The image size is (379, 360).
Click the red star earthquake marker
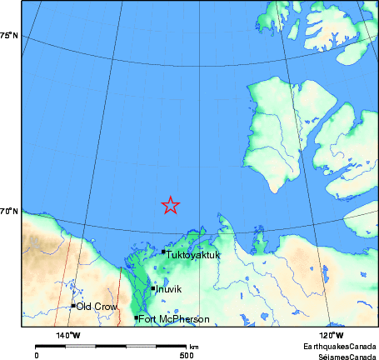170,205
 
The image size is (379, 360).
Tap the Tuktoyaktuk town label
193,255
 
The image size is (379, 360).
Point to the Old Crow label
97,307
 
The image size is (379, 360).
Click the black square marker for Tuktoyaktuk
163,252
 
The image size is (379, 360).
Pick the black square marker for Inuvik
153,288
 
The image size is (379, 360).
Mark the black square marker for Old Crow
73,306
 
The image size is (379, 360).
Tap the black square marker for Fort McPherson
136,317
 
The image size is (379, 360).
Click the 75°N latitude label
9,35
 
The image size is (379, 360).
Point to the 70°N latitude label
9,212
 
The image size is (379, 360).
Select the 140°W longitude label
68,335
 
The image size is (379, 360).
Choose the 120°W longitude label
332,335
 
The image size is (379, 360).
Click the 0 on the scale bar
36,354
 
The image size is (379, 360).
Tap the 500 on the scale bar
187,354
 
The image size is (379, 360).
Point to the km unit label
194,346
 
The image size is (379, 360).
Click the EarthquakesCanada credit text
339,345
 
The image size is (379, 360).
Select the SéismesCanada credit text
342,354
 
